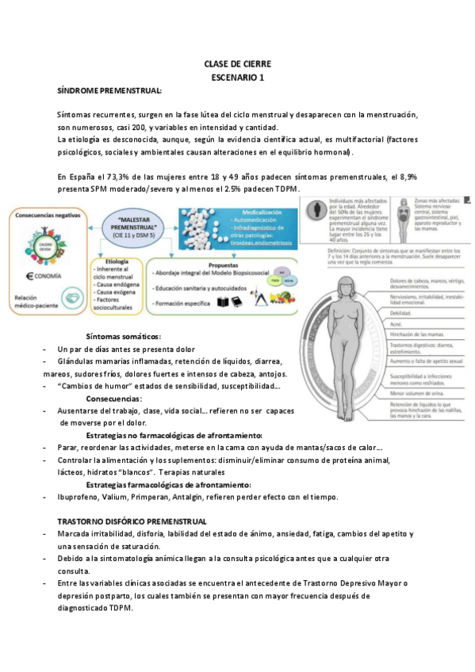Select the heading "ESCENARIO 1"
coord(238,78)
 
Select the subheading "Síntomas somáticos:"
coord(123,336)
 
